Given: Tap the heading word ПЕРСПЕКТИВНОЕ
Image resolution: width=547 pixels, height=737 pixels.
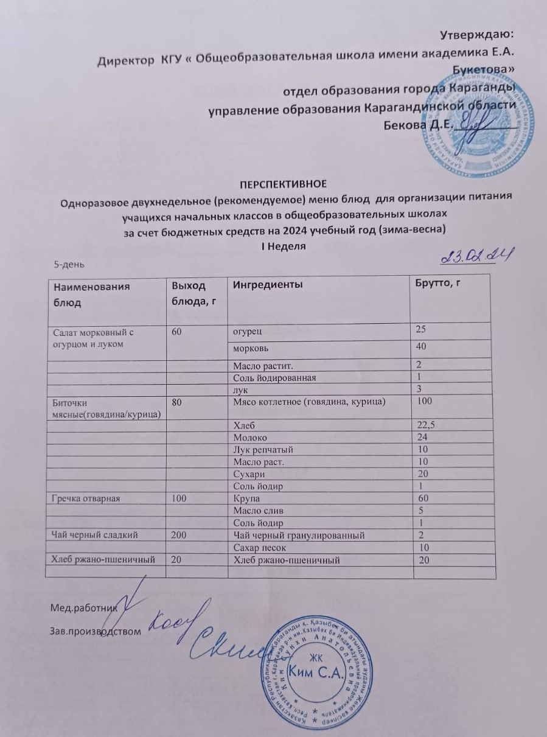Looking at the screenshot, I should (x=285, y=183).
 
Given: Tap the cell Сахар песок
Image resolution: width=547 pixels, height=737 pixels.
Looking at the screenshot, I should (x=256, y=548).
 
